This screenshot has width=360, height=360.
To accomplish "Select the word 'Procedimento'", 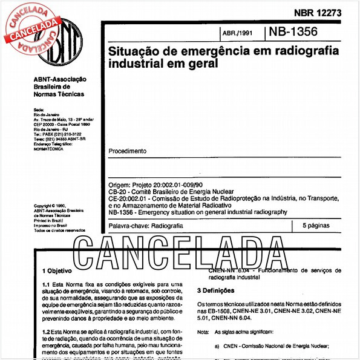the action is tap(127, 151).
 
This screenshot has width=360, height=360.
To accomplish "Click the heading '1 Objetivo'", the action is tap(57, 271).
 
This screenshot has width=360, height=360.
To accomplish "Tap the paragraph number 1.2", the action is tap(46, 332).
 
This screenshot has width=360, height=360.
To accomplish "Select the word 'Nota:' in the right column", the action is tap(204, 332).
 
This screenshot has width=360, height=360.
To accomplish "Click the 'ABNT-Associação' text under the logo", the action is tap(61, 79).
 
